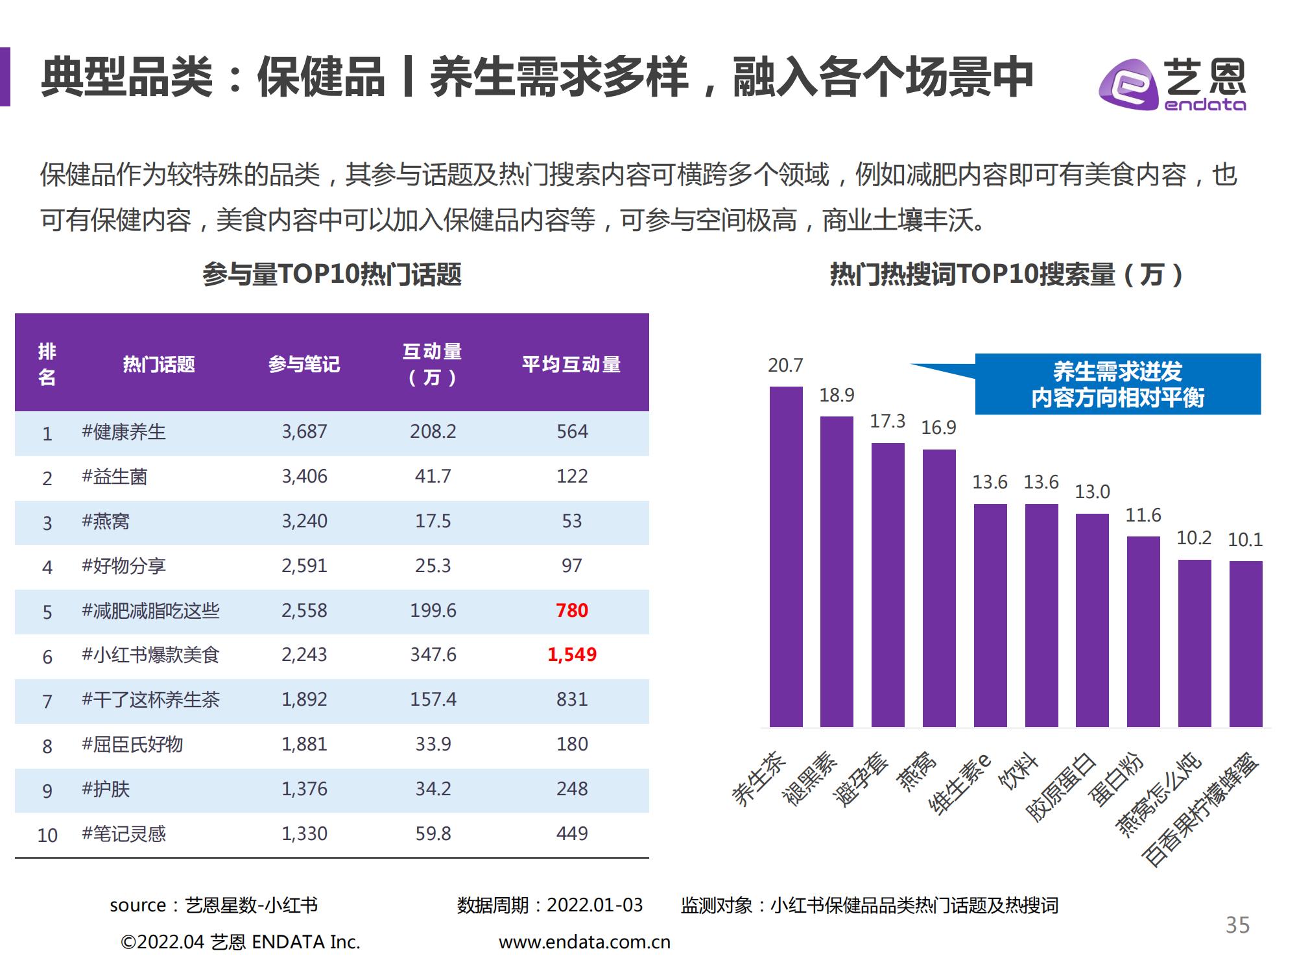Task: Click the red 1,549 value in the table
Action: tap(571, 655)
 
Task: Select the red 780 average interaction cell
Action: tap(571, 610)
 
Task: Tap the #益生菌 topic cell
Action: tap(114, 477)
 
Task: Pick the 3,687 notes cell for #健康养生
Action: tap(304, 431)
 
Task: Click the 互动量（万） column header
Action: tap(433, 364)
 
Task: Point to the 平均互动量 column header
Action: tap(571, 364)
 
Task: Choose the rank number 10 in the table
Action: tap(47, 835)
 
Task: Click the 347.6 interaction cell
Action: tap(433, 655)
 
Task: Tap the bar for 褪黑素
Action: tap(837, 571)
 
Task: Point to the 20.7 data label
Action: tap(785, 366)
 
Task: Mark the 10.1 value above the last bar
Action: tap(1245, 540)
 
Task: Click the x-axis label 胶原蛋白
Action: tap(1061, 787)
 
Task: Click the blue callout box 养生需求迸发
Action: tap(1117, 384)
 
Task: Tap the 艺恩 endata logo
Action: tap(1172, 85)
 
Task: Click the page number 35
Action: tap(1237, 925)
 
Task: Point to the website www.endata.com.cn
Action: tap(584, 942)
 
